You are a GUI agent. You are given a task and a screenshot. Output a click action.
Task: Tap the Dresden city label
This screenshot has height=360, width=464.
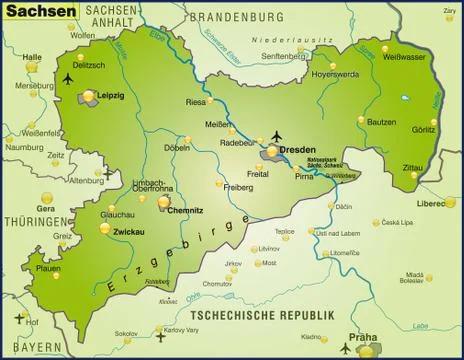(297, 149)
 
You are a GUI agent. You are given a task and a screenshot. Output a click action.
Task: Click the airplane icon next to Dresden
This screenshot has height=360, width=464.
(278, 135)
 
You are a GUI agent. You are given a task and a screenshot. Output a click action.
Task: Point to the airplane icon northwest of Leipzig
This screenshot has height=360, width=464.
(68, 78)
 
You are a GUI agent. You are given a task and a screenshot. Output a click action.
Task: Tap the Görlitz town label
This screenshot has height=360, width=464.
(424, 130)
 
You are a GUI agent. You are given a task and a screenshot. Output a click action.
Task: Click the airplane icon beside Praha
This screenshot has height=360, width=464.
(348, 349)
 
